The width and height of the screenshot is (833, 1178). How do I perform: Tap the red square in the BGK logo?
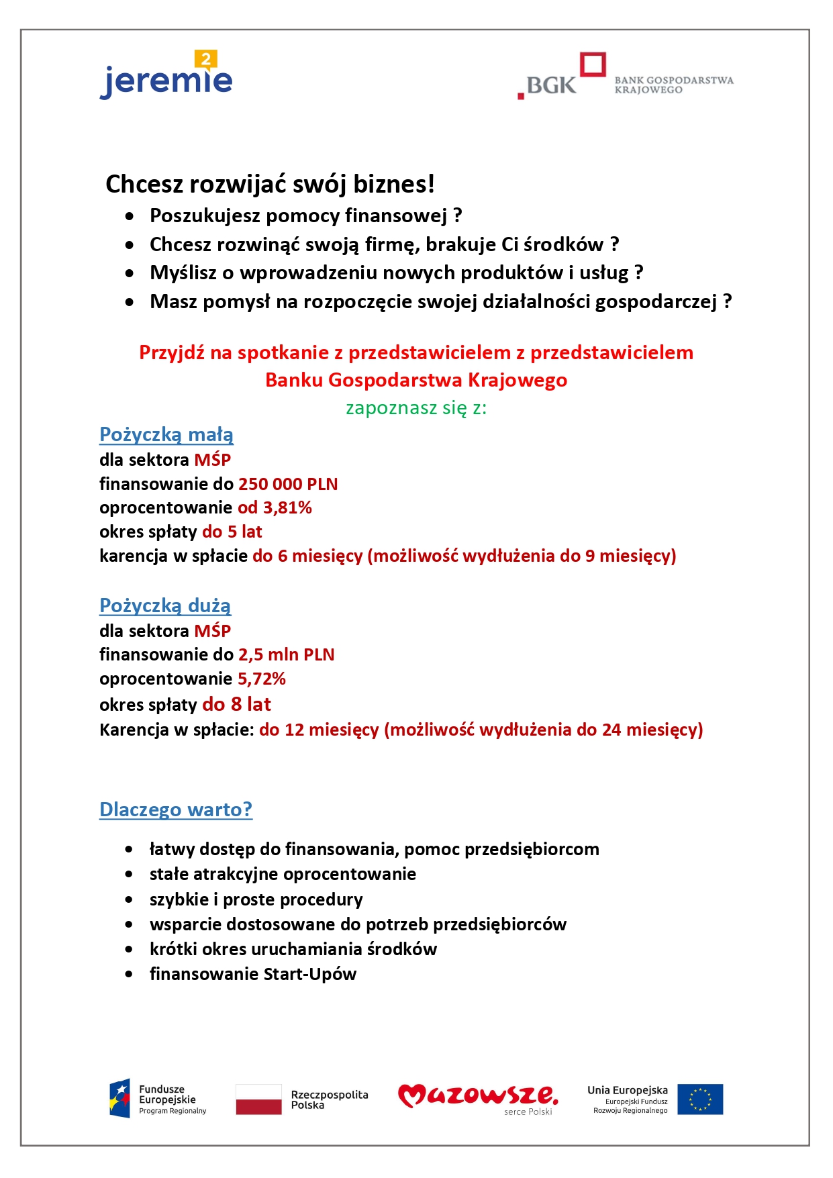coord(593,65)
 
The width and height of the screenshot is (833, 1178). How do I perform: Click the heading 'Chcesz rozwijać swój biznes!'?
coord(270,184)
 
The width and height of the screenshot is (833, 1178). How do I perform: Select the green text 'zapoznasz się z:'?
coord(416,407)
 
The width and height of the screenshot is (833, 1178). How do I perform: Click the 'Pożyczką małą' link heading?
coord(166,435)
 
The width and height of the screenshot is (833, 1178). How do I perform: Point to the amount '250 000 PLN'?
coord(288,484)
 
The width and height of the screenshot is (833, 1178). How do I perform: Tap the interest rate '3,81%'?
coord(287,507)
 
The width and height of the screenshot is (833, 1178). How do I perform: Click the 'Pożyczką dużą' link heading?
coord(165,605)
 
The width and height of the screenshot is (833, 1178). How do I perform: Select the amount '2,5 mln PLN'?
coord(286,654)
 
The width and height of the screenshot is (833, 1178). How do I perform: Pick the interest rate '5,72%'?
coord(262,679)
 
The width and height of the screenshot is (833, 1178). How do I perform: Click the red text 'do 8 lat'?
coord(236,704)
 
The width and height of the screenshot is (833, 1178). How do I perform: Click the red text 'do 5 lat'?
coord(232,532)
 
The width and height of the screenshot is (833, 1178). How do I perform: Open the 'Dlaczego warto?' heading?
coord(176,809)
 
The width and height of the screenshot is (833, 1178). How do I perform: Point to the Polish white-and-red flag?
coord(258,1099)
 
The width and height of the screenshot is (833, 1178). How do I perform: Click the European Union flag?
coord(700,1099)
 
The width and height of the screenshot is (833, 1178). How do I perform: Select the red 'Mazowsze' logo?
coord(477,1095)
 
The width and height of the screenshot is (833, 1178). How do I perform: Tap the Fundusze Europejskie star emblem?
coord(120,1099)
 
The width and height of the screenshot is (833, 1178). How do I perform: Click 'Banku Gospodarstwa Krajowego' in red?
coord(416,380)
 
